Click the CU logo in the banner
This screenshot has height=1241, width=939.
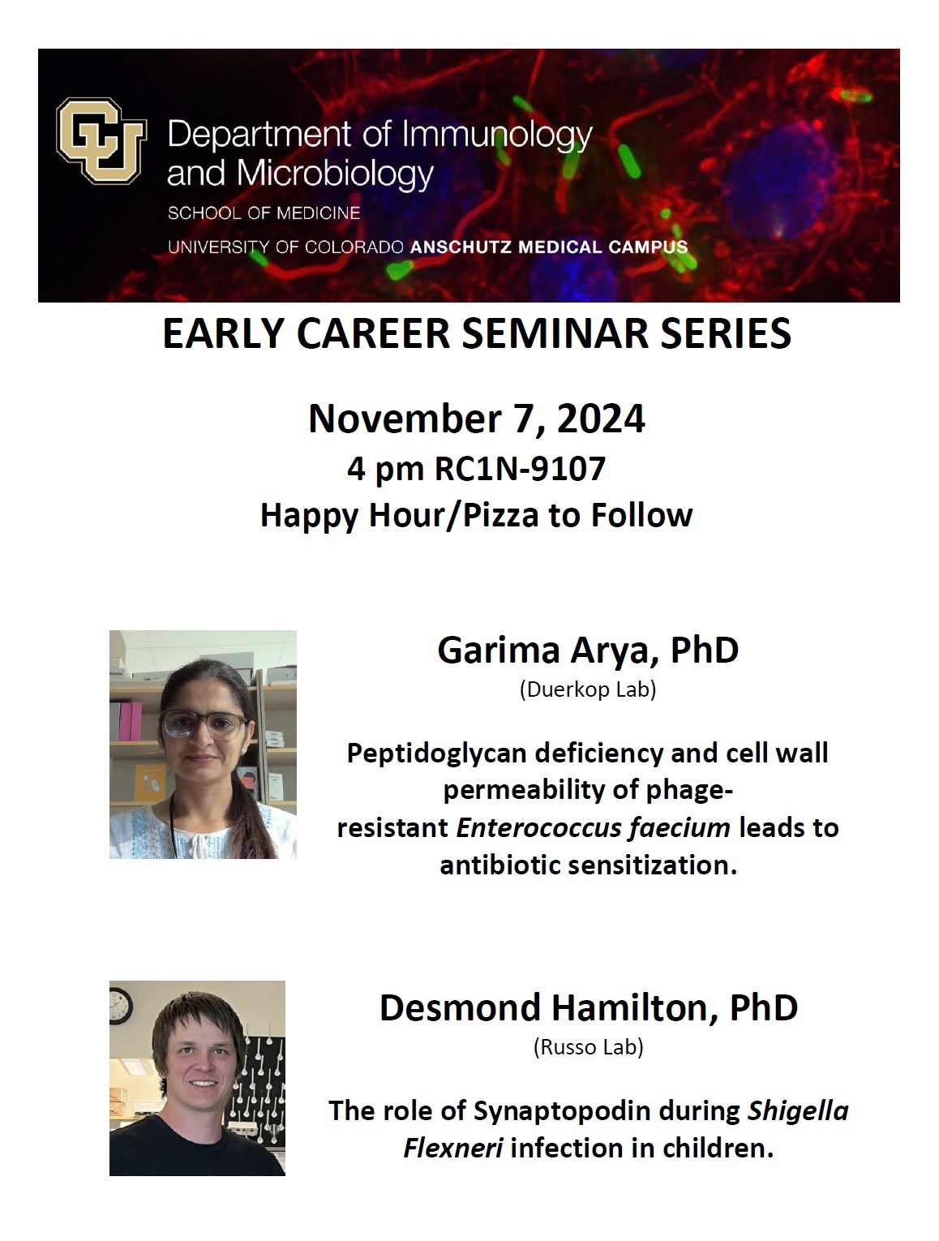tap(101, 140)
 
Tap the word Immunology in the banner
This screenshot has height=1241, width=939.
tap(496, 136)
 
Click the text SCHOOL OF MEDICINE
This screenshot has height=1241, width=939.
tap(264, 213)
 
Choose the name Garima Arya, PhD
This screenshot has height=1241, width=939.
tap(588, 651)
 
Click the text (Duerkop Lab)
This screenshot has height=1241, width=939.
tap(588, 690)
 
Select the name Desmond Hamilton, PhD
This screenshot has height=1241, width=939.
tap(588, 1007)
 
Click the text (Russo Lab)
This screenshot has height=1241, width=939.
tap(588, 1047)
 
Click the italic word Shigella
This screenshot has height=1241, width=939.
tap(797, 1110)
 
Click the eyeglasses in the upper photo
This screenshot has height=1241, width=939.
tap(203, 724)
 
